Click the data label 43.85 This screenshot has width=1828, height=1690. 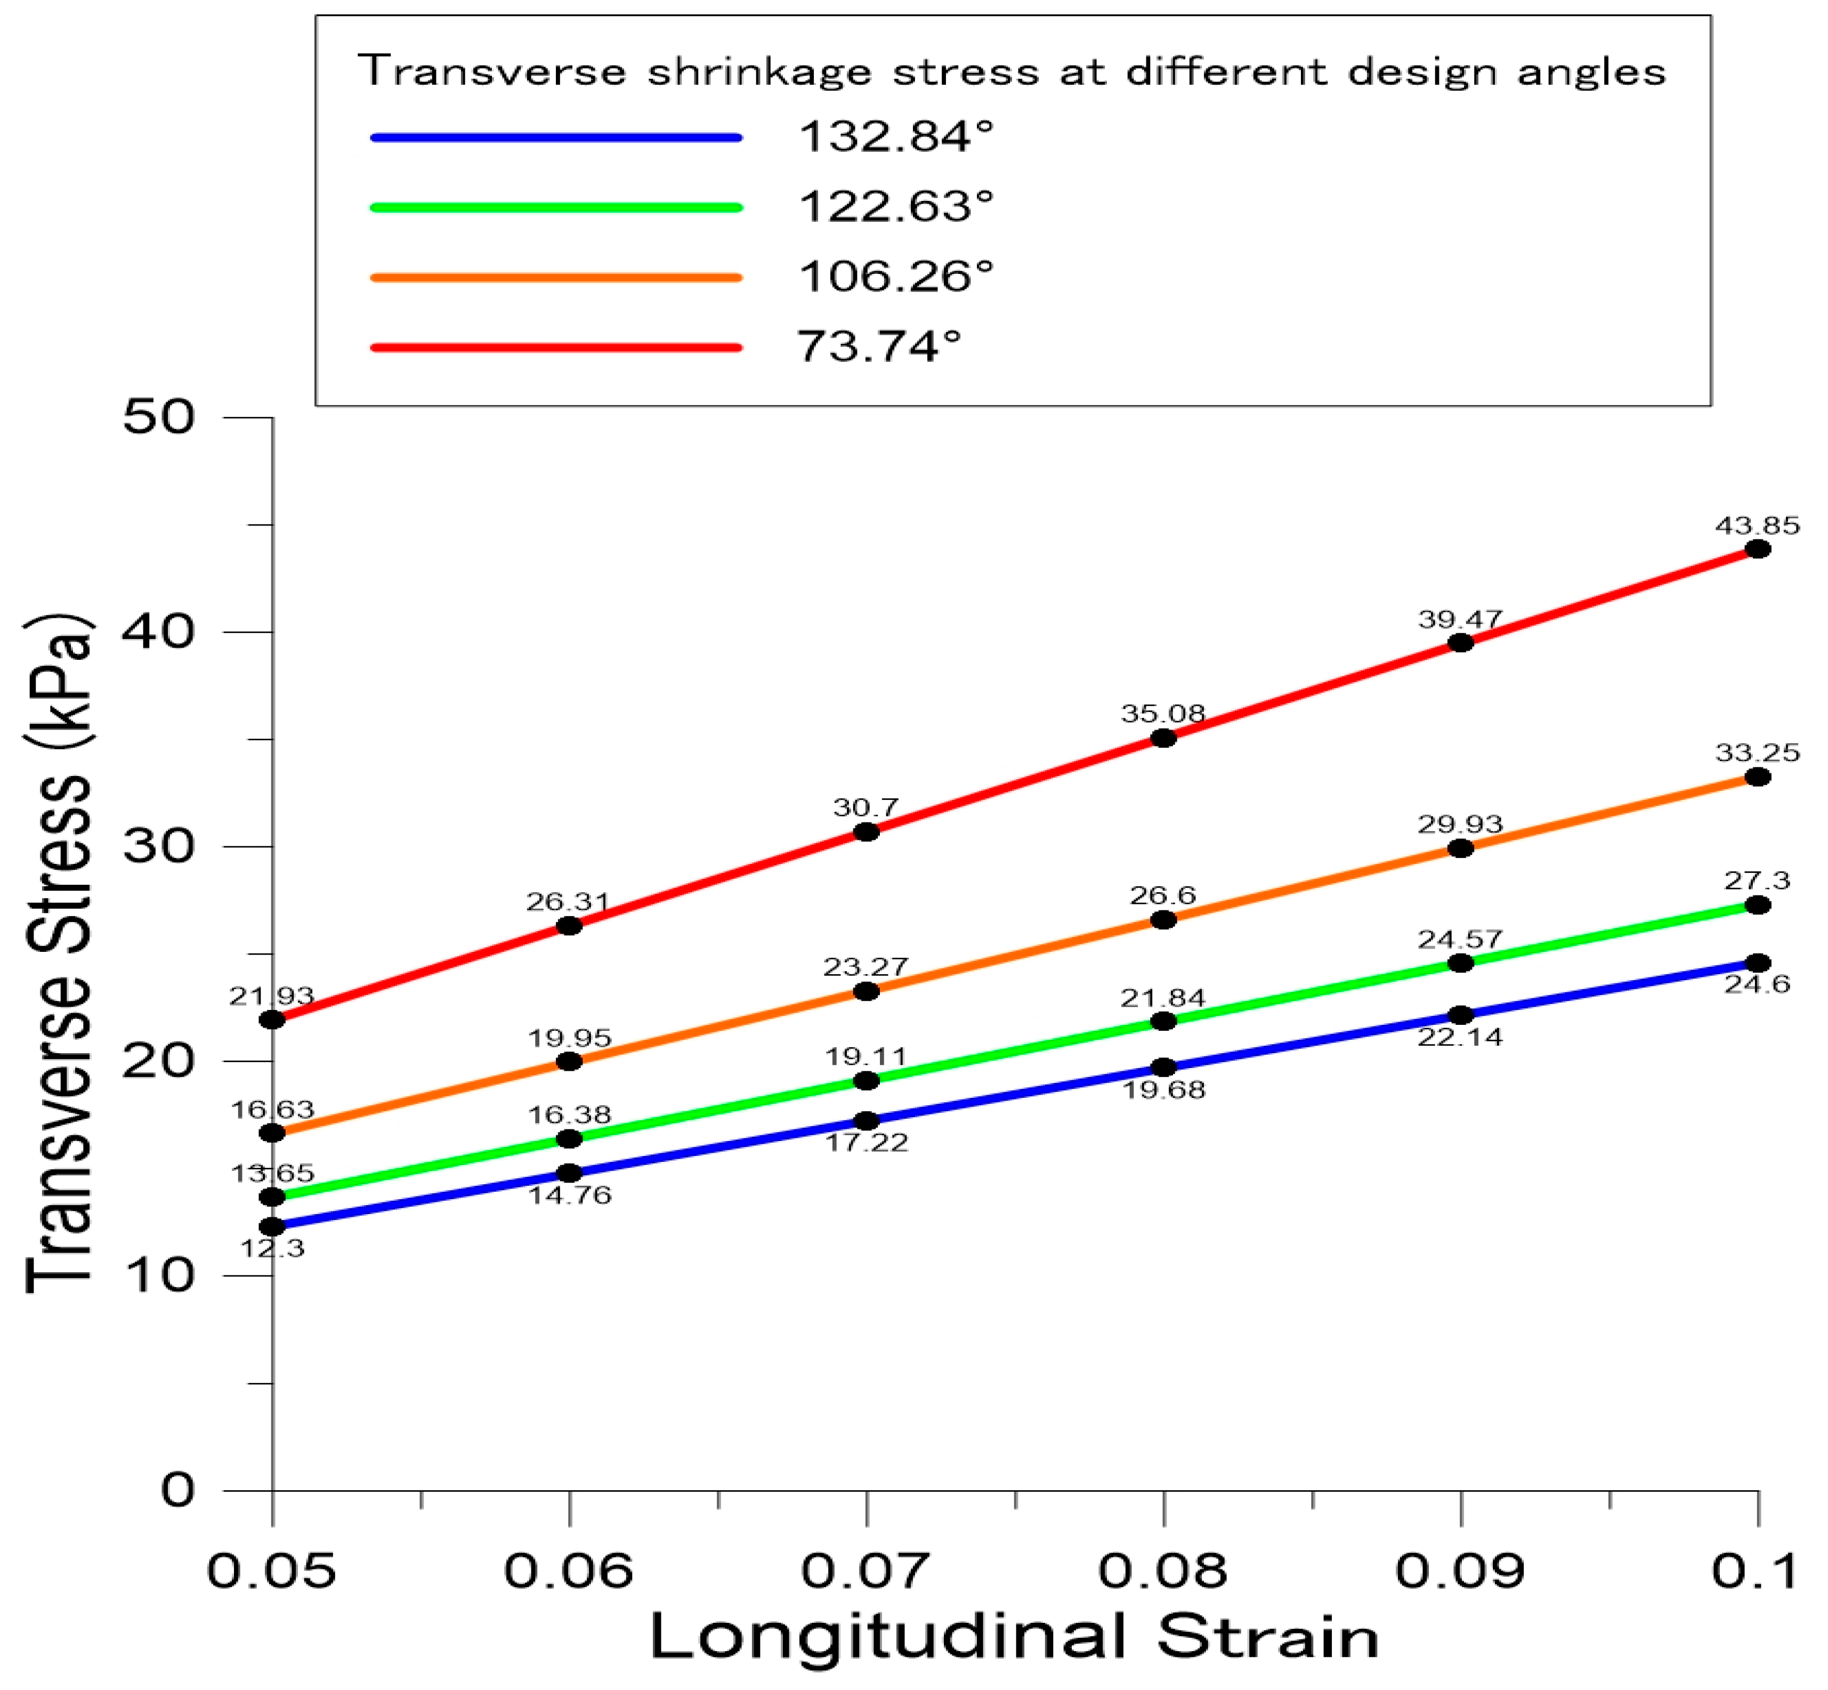1757,526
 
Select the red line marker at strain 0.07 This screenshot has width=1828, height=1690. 866,831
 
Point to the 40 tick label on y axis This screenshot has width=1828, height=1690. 159,631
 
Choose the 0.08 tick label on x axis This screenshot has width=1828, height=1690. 1162,1570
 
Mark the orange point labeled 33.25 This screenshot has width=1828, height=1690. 1757,777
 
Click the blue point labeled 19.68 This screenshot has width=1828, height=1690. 1163,1066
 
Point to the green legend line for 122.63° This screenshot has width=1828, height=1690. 556,208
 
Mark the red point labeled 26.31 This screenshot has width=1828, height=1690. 569,925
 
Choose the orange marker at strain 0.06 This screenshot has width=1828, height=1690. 569,1061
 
